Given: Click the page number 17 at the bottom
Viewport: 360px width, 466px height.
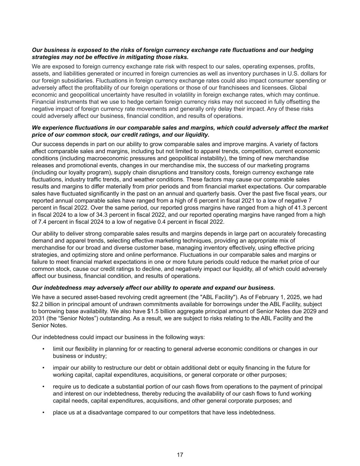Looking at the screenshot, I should (180, 455).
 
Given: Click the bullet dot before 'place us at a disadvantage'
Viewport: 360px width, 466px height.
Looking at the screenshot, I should (43, 412).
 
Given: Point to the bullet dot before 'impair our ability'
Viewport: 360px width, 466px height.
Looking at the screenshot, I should (43, 368).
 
